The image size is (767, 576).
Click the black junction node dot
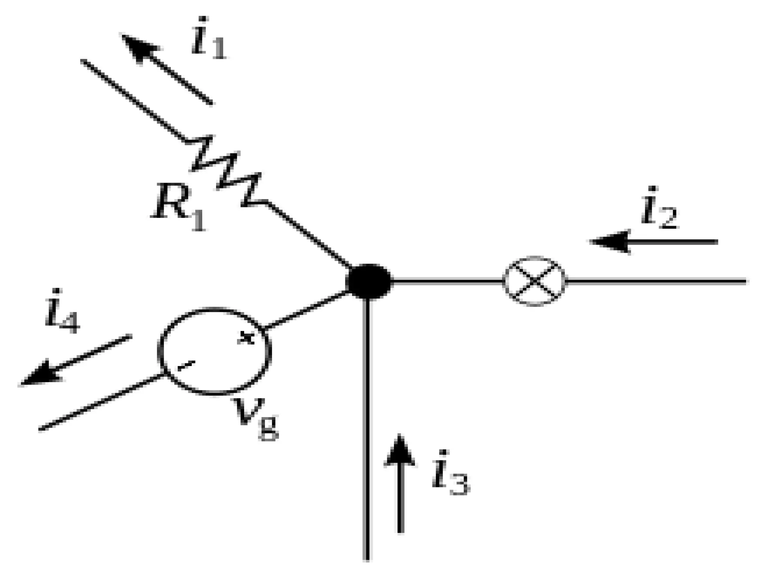point(369,281)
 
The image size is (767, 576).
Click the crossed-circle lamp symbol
point(534,281)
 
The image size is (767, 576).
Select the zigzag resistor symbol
point(225,171)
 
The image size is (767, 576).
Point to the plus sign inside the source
point(246,337)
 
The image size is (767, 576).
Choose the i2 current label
point(659,208)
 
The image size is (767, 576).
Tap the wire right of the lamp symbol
point(655,281)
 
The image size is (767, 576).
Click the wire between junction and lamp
point(446,281)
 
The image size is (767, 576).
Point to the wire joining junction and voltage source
point(305,311)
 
